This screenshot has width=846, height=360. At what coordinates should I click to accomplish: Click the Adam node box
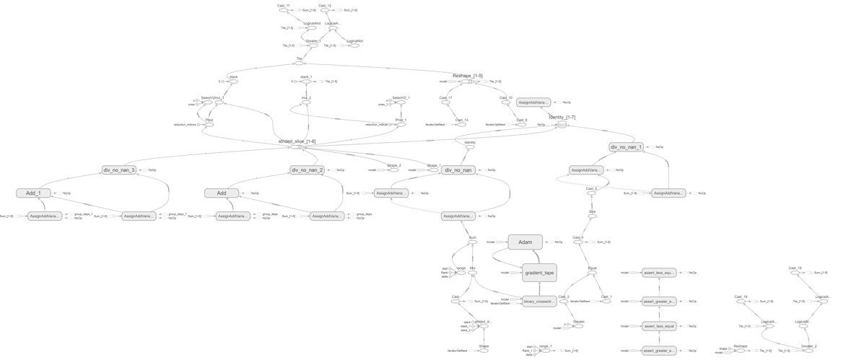[525, 242]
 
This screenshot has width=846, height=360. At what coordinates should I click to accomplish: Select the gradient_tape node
[539, 273]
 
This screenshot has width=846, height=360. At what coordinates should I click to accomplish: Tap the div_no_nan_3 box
[118, 170]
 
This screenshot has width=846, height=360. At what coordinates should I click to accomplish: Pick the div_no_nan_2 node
[307, 170]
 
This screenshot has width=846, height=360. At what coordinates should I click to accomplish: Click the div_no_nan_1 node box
[626, 147]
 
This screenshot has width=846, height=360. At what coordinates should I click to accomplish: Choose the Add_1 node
[33, 193]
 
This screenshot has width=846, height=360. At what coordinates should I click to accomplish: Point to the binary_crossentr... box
[539, 302]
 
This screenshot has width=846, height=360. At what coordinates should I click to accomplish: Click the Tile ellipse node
[299, 63]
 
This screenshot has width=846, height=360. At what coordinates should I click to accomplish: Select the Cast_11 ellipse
[284, 10]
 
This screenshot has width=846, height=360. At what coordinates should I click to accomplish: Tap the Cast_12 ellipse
[325, 10]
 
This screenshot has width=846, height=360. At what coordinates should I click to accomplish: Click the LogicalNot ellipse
[354, 45]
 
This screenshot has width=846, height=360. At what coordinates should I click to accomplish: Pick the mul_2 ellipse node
[306, 102]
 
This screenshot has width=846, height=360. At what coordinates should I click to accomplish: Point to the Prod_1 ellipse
[400, 125]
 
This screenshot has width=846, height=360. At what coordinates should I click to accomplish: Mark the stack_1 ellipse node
[306, 82]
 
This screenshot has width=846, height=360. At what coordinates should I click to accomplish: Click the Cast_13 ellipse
[462, 125]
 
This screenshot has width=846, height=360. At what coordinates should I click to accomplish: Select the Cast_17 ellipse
[445, 102]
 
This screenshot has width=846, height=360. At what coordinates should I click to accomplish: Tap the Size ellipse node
[592, 216]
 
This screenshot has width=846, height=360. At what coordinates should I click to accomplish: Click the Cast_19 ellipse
[795, 273]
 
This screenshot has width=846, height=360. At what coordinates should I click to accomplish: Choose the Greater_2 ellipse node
[808, 351]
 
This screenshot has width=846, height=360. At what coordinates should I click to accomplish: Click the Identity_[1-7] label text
[562, 117]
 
